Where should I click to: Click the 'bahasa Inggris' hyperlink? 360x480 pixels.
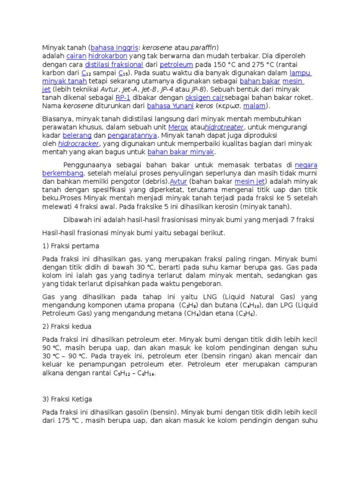tap(114, 48)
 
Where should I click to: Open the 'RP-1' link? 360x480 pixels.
tap(123, 97)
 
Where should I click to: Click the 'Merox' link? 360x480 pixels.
tap(178, 127)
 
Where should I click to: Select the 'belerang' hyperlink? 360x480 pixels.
tap(75, 135)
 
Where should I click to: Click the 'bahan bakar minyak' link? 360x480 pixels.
tap(180, 152)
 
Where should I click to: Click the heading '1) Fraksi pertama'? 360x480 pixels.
tap(71, 246)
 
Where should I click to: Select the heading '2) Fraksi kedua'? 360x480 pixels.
tap(67, 326)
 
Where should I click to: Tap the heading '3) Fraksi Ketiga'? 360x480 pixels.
tap(67, 399)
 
